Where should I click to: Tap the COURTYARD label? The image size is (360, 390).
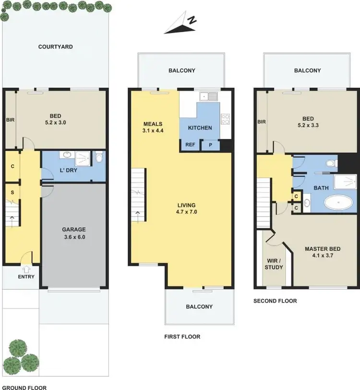tap(55, 47)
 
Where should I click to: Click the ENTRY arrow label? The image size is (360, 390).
tap(26, 273)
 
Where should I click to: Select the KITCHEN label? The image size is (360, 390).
tap(200, 128)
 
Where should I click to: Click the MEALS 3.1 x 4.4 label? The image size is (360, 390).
tap(153, 127)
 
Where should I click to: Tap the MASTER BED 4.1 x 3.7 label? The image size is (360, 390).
tap(322, 252)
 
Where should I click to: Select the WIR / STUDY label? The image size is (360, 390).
tap(274, 264)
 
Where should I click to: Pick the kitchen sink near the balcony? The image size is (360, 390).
tap(210, 97)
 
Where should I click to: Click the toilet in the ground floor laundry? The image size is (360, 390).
tap(98, 157)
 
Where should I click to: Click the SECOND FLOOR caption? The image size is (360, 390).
tap(275, 301)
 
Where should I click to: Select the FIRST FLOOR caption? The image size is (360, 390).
tap(182, 337)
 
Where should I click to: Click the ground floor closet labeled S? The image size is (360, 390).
tap(12, 193)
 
